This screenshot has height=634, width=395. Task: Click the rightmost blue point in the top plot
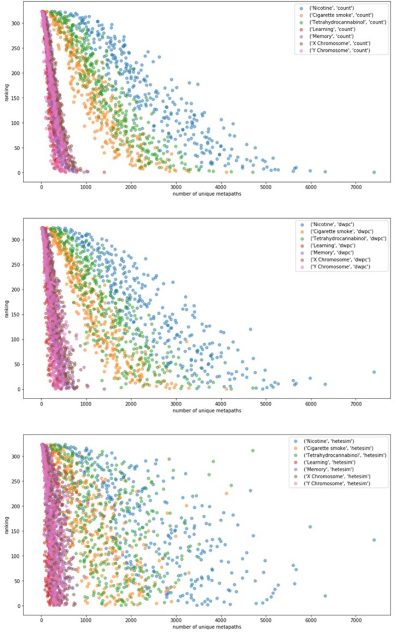(x=374, y=172)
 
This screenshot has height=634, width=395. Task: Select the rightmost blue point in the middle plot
(x=374, y=372)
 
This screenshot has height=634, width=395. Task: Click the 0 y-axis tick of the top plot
(x=19, y=173)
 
